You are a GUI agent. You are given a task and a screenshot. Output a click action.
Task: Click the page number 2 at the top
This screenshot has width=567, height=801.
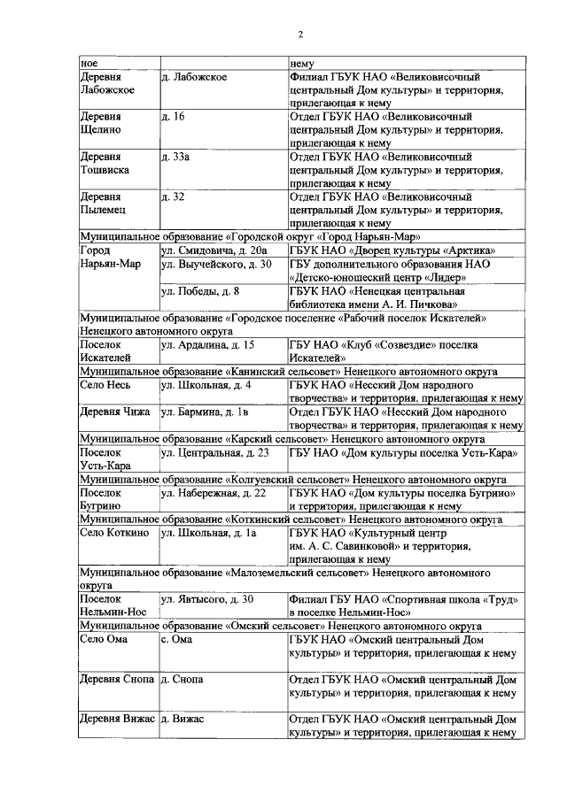[x=300, y=34]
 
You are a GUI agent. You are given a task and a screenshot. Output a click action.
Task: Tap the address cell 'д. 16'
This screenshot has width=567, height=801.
[x=173, y=116]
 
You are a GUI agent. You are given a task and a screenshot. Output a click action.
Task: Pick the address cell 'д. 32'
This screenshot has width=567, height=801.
[x=173, y=196]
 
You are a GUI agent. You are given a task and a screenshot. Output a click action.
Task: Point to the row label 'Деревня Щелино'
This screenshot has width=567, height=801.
[x=100, y=123]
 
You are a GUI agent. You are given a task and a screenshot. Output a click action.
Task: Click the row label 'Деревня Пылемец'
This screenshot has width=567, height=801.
[x=101, y=204]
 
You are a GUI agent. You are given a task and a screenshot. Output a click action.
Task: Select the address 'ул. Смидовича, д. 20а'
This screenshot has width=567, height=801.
[x=213, y=250]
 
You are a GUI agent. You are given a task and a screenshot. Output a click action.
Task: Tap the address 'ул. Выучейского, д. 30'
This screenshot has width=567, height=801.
[x=216, y=264]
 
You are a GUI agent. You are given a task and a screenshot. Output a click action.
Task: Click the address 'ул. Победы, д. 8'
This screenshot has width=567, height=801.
[x=200, y=290]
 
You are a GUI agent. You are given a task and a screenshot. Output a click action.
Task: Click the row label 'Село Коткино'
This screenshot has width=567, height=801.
[x=114, y=534]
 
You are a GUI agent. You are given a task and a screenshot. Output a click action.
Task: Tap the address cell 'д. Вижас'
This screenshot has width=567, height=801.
[x=183, y=720]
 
